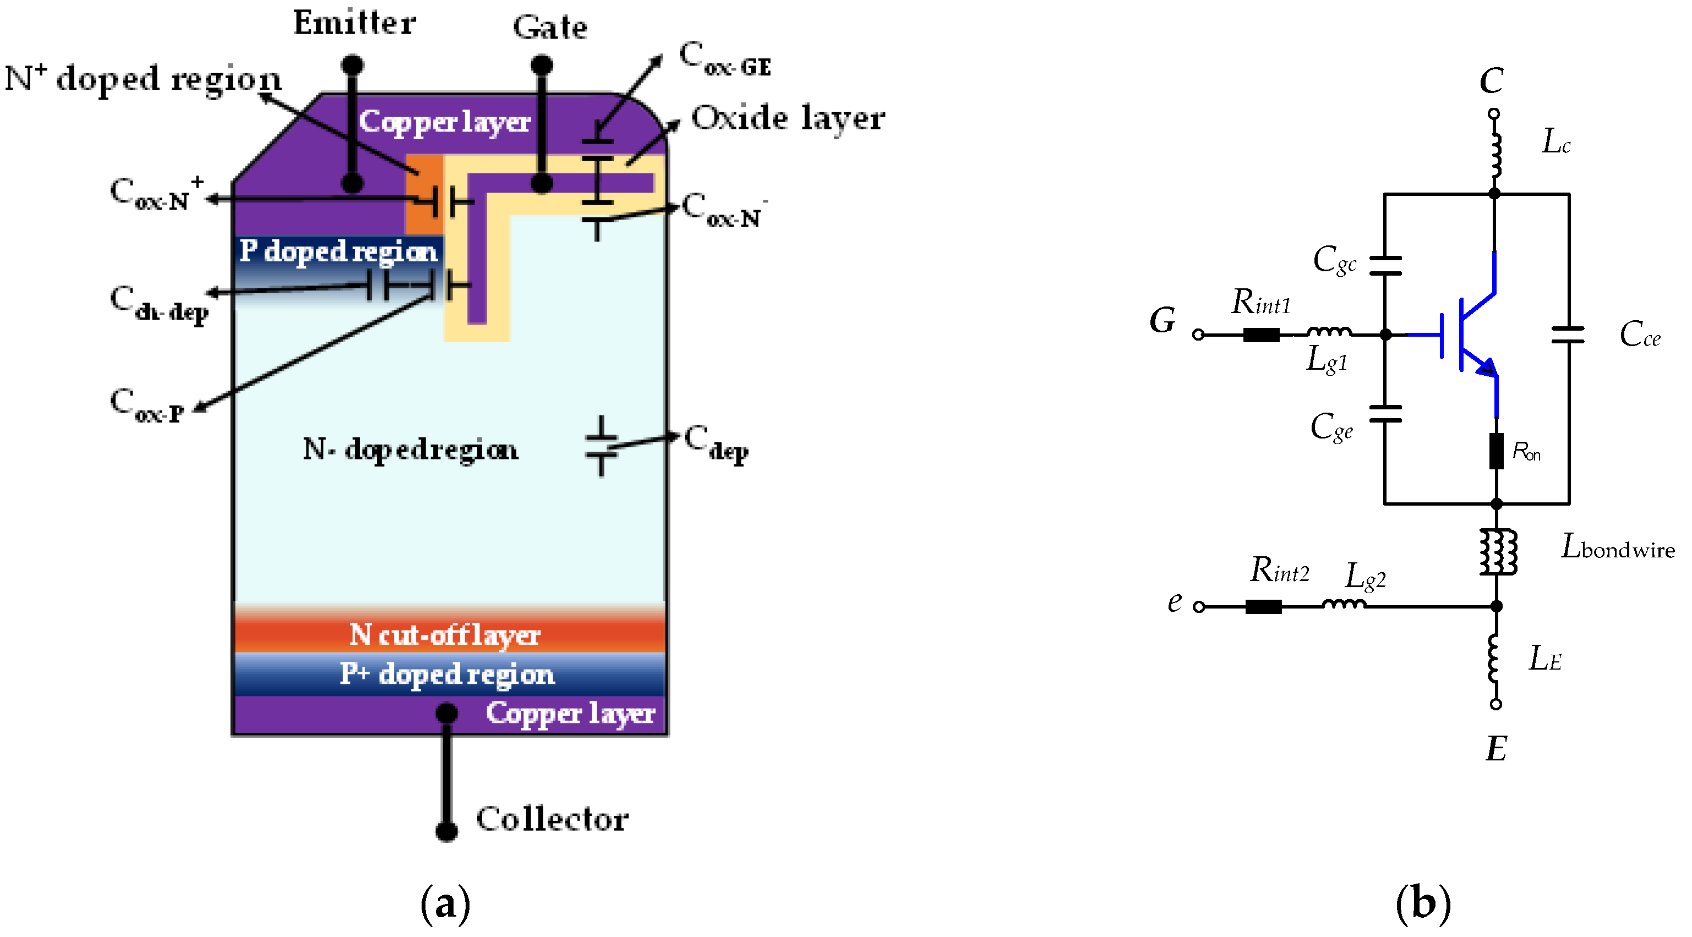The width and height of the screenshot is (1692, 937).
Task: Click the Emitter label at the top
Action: [354, 23]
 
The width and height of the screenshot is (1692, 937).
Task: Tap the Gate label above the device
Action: [550, 28]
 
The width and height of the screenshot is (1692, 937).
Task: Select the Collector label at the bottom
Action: [552, 819]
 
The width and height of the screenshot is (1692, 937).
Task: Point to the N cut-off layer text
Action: [445, 635]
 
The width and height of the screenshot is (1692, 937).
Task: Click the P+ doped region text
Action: [446, 673]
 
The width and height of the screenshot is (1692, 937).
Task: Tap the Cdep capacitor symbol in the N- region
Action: [601, 446]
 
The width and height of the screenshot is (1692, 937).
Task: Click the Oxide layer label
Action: [788, 119]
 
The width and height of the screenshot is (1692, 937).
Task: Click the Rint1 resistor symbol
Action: [1261, 335]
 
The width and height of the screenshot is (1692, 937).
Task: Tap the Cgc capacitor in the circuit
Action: [1385, 266]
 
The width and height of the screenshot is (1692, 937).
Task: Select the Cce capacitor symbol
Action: [1569, 335]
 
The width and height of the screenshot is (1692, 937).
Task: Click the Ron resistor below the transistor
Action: [1496, 451]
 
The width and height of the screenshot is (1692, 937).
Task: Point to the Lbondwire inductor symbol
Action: [1498, 551]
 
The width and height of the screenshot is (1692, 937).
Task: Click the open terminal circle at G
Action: [1198, 335]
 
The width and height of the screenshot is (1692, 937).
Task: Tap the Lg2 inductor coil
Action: [1343, 603]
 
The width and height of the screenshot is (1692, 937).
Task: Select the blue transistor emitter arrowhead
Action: [1486, 367]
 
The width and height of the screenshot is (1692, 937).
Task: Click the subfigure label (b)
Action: [1423, 904]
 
